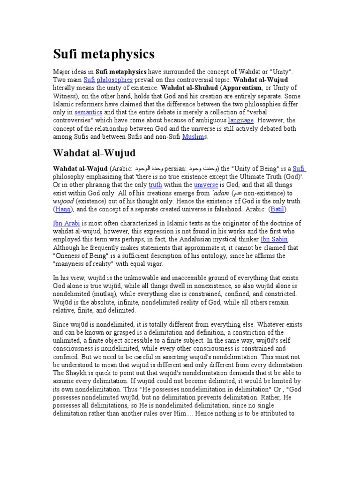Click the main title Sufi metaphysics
point(104,54)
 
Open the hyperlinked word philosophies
point(115,80)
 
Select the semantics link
point(88,112)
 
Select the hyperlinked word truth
point(155,185)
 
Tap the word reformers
point(89,104)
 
